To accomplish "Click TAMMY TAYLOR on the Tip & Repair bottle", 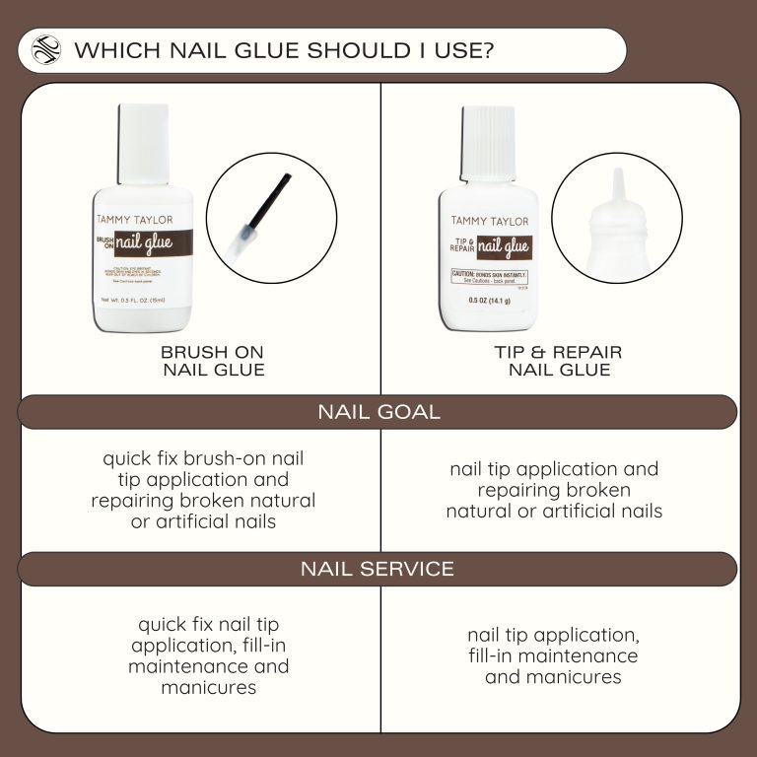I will tap(490, 221).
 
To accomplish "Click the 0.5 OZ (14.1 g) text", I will tap(490, 301).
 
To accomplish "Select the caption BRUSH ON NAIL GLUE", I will tap(212, 361).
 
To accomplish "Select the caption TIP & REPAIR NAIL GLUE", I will tap(559, 361).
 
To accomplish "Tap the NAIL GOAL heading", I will tap(378, 412).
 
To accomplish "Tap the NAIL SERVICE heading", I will tap(378, 569).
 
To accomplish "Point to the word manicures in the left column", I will tap(208, 687).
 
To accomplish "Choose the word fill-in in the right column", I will tap(497, 655).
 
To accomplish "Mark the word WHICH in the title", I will tap(109, 50).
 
